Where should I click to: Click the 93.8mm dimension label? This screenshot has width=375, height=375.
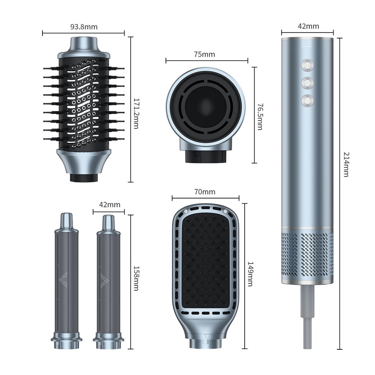(x=83, y=27)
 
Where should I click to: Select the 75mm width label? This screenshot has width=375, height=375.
(x=204, y=55)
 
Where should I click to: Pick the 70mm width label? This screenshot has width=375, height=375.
(x=205, y=192)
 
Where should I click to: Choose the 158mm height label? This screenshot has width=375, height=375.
(x=135, y=278)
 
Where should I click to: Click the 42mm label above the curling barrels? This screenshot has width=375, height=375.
(x=109, y=205)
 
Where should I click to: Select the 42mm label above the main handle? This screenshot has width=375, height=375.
(x=308, y=26)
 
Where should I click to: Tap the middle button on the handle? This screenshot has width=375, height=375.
(x=307, y=83)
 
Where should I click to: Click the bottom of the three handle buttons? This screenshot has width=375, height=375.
(x=307, y=100)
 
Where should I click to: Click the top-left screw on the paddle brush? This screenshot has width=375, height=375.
(x=186, y=211)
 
